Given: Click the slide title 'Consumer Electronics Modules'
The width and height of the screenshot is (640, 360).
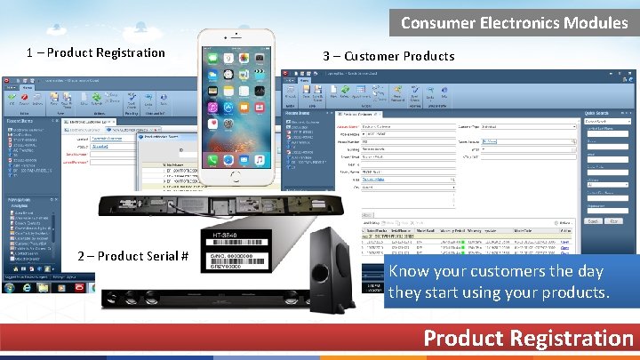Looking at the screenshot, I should (514, 22).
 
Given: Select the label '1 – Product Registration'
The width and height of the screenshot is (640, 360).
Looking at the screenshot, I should (96, 52).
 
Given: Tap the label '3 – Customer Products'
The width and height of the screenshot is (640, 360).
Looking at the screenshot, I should (389, 56).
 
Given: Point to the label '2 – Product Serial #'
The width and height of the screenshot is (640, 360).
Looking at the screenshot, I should (132, 256).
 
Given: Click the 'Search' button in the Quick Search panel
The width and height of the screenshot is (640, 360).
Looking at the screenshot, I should (593, 220).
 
